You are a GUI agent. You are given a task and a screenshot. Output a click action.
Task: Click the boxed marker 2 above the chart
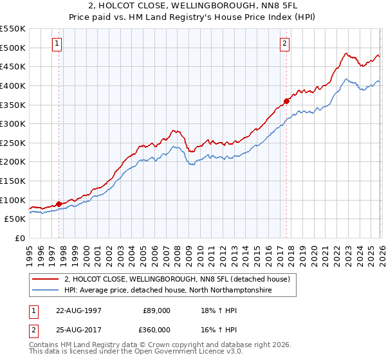pyautogui.click(x=284, y=44)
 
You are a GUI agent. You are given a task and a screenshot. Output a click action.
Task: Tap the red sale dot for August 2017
pyautogui.click(x=287, y=100)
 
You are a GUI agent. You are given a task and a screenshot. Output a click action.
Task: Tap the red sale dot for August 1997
pyautogui.click(x=59, y=204)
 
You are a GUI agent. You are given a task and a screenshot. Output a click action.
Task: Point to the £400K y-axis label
pyautogui.click(x=13, y=85)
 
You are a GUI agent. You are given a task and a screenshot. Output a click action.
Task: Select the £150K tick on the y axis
pyautogui.click(x=13, y=181)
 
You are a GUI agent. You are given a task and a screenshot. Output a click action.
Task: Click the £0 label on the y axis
pyautogui.click(x=20, y=238)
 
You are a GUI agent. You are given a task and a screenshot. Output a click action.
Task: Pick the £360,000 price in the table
pyautogui.click(x=156, y=329)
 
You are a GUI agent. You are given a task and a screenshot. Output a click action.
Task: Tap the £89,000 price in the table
pyautogui.click(x=156, y=310)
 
